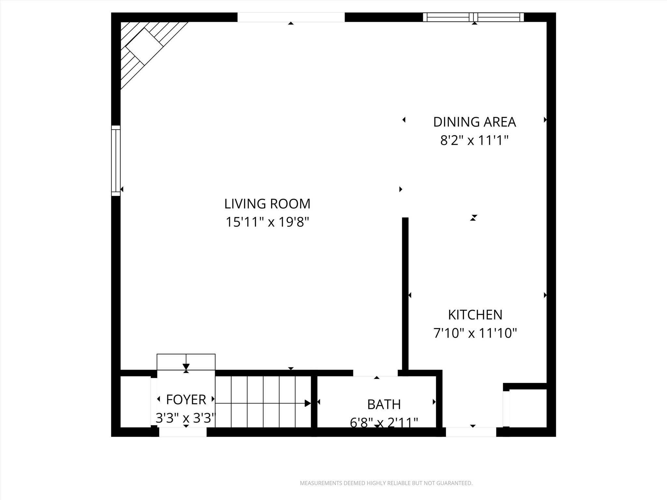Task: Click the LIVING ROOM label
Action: pos(267,204)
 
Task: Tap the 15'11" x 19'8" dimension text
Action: pos(267,222)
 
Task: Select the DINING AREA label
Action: pos(474,122)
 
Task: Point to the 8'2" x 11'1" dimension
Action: pos(474,141)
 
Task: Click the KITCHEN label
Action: pos(475,315)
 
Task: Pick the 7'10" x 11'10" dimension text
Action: pos(475,333)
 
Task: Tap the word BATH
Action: pos(384,405)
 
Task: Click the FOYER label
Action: pos(186,400)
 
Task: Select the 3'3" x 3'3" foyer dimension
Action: pos(186,418)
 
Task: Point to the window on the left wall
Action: pos(116,160)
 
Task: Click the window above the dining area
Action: pos(473,17)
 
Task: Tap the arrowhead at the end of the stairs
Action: pos(308,403)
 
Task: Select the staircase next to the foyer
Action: pos(263,402)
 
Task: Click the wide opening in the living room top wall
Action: pos(291,17)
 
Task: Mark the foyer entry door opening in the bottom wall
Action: pos(183,432)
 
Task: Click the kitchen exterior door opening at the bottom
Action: pos(471,432)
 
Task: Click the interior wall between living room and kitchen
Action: pos(405,293)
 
